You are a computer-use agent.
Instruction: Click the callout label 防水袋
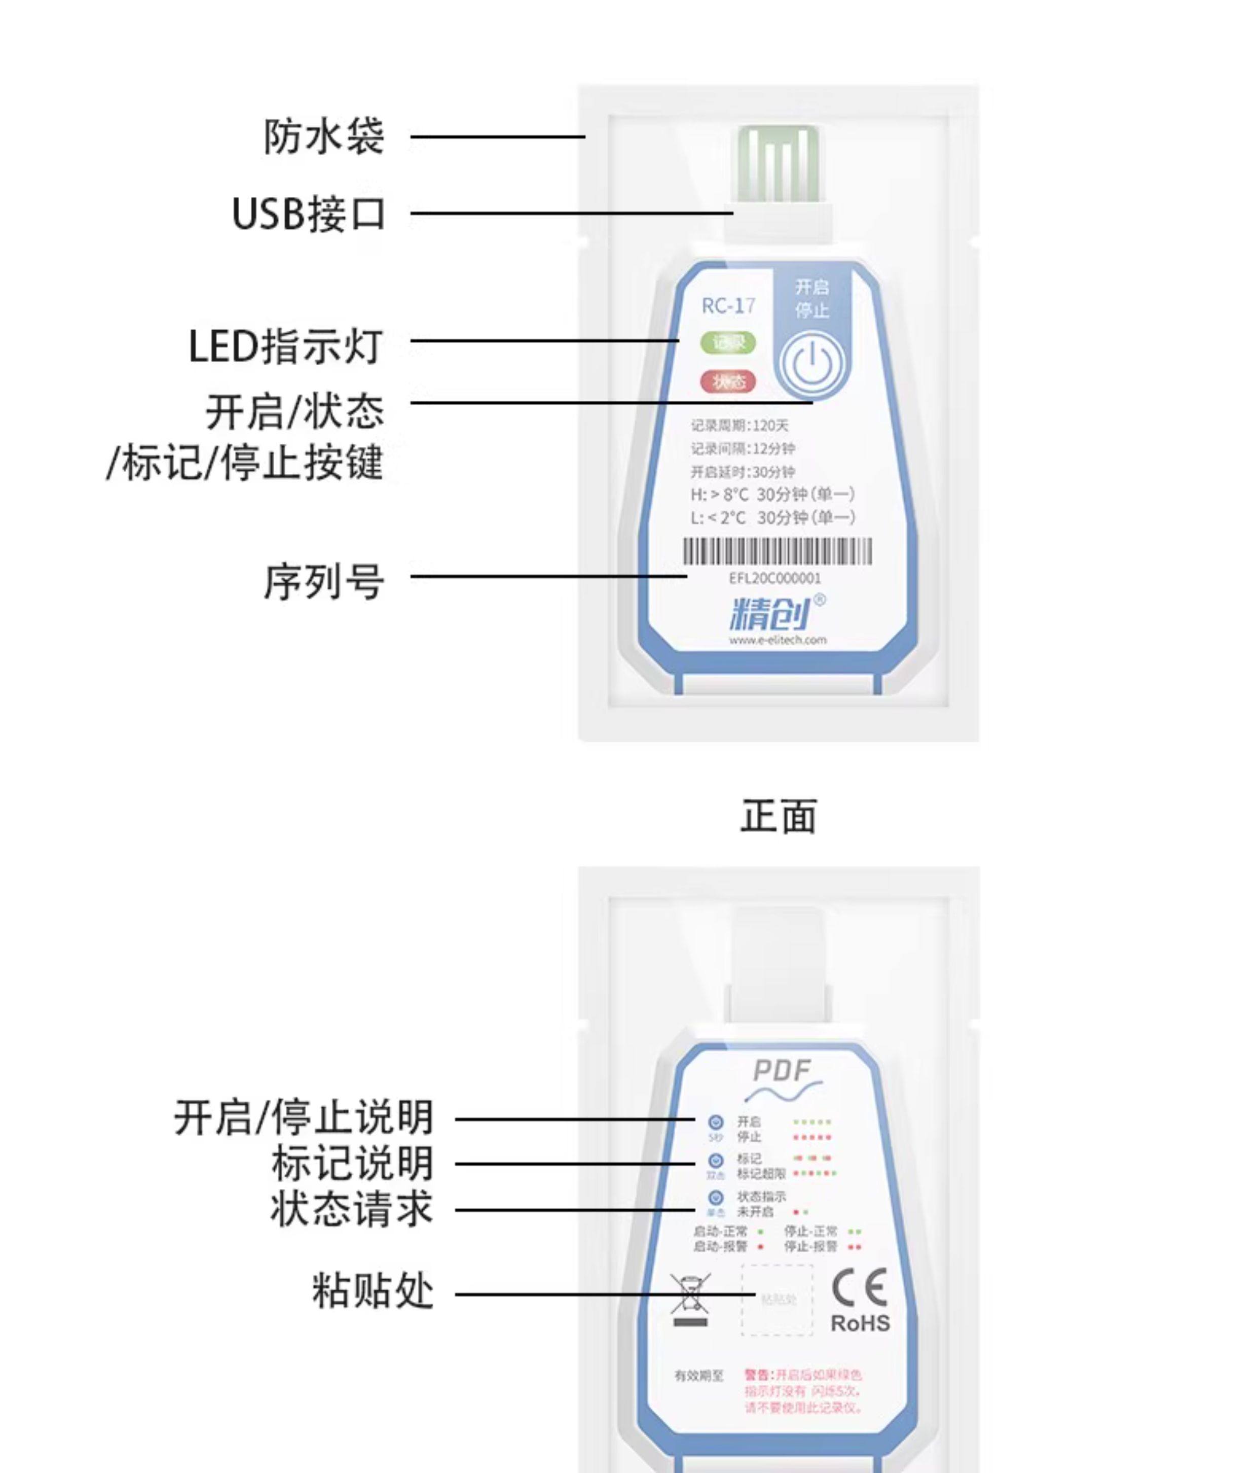pyautogui.click(x=324, y=136)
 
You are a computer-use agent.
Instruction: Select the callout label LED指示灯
pyautogui.click(x=286, y=346)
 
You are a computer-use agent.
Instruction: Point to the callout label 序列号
pyautogui.click(x=324, y=581)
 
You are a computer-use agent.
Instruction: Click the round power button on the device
pyautogui.click(x=811, y=363)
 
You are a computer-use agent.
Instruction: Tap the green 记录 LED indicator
pyautogui.click(x=728, y=343)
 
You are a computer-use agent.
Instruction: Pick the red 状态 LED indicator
pyautogui.click(x=728, y=382)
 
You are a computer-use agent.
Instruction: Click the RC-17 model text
pyautogui.click(x=728, y=306)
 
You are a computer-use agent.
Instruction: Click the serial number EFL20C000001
pyautogui.click(x=774, y=578)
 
